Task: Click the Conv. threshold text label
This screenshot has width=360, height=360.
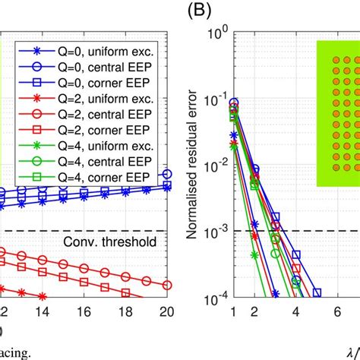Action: tap(110, 243)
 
